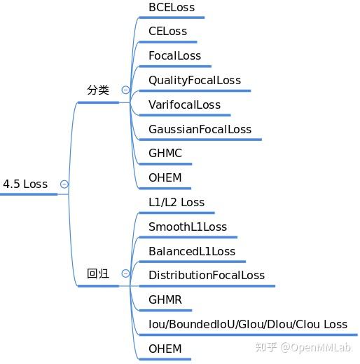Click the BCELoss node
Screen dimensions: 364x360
click(x=172, y=7)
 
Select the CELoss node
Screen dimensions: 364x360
click(x=168, y=31)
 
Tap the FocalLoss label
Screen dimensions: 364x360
click(x=174, y=55)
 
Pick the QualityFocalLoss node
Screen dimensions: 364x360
click(x=195, y=80)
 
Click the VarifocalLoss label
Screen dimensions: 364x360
click(x=184, y=105)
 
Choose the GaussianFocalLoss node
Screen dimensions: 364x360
click(x=200, y=129)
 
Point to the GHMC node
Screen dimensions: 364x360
click(x=165, y=153)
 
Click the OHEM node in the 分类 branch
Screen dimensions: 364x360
click(x=165, y=177)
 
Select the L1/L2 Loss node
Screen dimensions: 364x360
click(x=176, y=202)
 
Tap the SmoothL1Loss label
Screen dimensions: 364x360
click(x=188, y=227)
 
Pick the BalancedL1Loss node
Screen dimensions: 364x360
click(x=192, y=251)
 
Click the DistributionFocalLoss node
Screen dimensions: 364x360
click(x=207, y=275)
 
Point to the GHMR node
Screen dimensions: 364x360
click(x=165, y=299)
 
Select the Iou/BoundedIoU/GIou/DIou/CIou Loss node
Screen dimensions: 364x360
click(x=248, y=324)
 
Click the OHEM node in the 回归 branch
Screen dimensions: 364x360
click(x=165, y=349)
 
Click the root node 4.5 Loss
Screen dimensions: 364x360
click(x=25, y=184)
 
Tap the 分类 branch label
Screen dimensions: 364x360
click(x=98, y=90)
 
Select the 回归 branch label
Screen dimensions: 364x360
click(x=98, y=274)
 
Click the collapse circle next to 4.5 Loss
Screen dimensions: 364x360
click(x=64, y=184)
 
